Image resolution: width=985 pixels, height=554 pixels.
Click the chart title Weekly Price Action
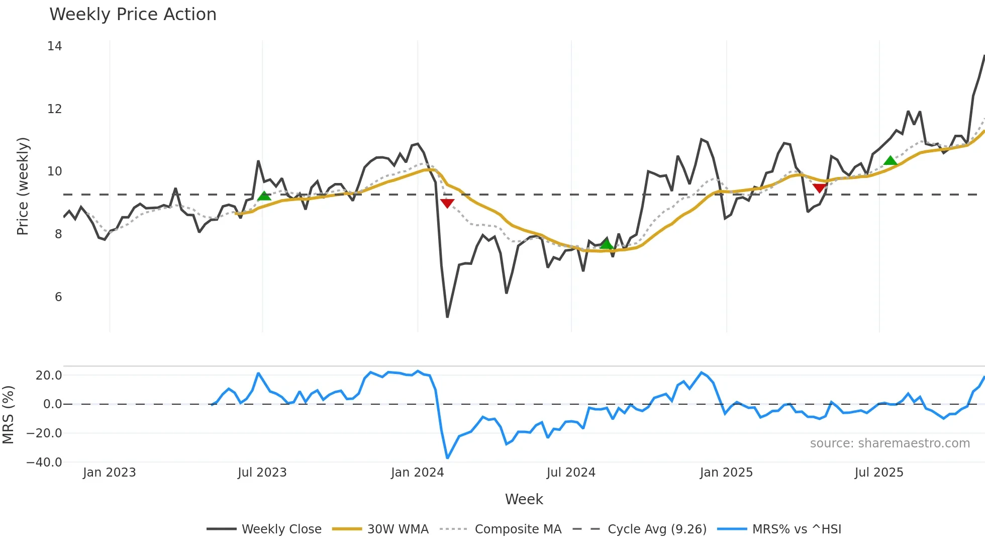click(133, 15)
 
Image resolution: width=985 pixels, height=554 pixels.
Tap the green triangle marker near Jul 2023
click(264, 196)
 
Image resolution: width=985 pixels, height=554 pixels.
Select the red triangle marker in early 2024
click(447, 203)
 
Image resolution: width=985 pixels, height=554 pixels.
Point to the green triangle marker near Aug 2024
click(607, 244)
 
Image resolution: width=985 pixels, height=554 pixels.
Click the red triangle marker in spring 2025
click(819, 188)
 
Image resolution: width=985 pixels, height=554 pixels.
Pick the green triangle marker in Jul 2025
click(891, 161)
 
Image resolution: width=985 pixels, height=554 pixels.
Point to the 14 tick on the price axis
click(55, 46)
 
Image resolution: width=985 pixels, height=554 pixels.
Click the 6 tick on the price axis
click(58, 297)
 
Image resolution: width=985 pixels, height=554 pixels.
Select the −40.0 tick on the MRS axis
click(44, 462)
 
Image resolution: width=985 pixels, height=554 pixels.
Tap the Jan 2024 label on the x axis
click(418, 473)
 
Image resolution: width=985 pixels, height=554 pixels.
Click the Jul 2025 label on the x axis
click(879, 473)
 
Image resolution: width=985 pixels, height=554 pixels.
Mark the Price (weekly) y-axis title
click(23, 186)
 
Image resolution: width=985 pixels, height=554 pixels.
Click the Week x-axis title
click(524, 499)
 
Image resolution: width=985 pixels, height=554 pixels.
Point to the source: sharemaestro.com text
click(890, 443)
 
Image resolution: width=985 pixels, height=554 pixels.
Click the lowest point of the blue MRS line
click(447, 458)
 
